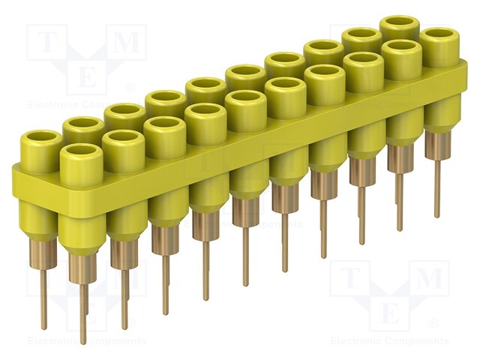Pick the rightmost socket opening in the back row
click(399, 25)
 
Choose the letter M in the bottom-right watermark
click(429, 280)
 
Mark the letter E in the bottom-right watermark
click(389, 312)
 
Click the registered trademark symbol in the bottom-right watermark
click(433, 323)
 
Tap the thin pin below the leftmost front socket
click(83, 315)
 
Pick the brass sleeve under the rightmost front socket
click(438, 145)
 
